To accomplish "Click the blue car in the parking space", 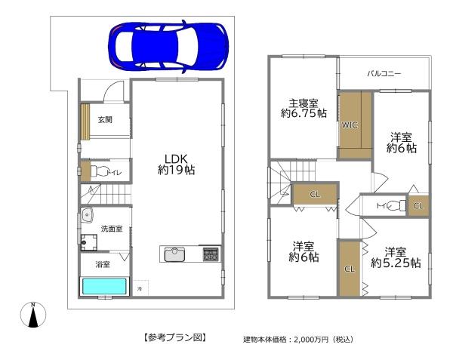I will click(167, 44).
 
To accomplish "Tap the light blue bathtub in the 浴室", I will click(106, 287).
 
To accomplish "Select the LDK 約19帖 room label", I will click(176, 165).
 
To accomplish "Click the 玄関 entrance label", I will click(105, 119).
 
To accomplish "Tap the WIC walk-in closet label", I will click(349, 125).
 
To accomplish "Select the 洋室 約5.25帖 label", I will click(394, 257).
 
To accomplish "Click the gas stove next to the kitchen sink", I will click(210, 254).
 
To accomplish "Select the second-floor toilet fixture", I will click(396, 205).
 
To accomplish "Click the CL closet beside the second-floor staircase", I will click(314, 195).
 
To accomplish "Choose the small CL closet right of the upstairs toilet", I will click(418, 205).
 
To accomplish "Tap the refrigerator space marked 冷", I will click(140, 288).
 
